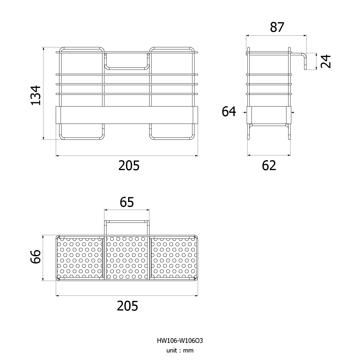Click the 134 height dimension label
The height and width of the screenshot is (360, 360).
click(36, 95)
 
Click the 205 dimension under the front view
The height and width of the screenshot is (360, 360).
click(129, 166)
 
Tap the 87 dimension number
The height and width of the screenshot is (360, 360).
click(277, 27)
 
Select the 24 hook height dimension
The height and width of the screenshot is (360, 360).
click(325, 61)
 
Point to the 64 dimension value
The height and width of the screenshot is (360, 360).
click(229, 112)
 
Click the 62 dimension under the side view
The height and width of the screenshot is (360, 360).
click(269, 166)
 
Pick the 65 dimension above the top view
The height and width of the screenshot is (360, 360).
click(127, 202)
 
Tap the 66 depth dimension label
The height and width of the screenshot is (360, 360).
click(36, 256)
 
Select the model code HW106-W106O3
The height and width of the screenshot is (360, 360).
click(180, 340)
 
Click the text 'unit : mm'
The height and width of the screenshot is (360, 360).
click(180, 350)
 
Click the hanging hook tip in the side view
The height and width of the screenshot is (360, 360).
click(305, 69)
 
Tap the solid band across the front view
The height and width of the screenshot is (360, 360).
click(127, 115)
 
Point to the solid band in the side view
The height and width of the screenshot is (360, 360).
click(269, 115)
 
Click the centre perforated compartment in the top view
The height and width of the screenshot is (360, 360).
click(127, 258)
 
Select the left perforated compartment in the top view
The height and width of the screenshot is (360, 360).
click(80, 258)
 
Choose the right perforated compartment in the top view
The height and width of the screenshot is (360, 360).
click(174, 258)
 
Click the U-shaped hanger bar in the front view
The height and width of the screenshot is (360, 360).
click(127, 69)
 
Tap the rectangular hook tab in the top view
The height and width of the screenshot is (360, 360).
click(127, 222)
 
